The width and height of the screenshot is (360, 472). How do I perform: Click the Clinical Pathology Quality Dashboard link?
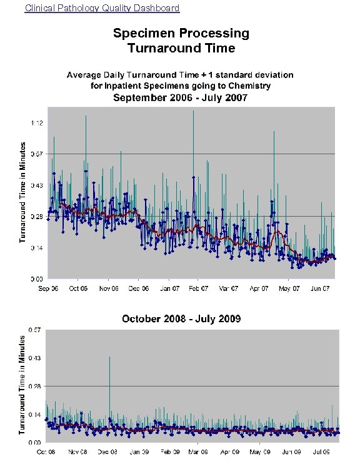[102, 8]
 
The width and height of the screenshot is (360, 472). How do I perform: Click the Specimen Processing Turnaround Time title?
[181, 40]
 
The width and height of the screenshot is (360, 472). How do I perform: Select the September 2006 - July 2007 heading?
[180, 97]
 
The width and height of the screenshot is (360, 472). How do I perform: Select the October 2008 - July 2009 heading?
[181, 319]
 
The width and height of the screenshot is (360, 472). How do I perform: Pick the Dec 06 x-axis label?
[139, 288]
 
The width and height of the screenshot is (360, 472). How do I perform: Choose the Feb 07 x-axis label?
[199, 288]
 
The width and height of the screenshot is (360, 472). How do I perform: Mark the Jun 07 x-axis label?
[319, 288]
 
